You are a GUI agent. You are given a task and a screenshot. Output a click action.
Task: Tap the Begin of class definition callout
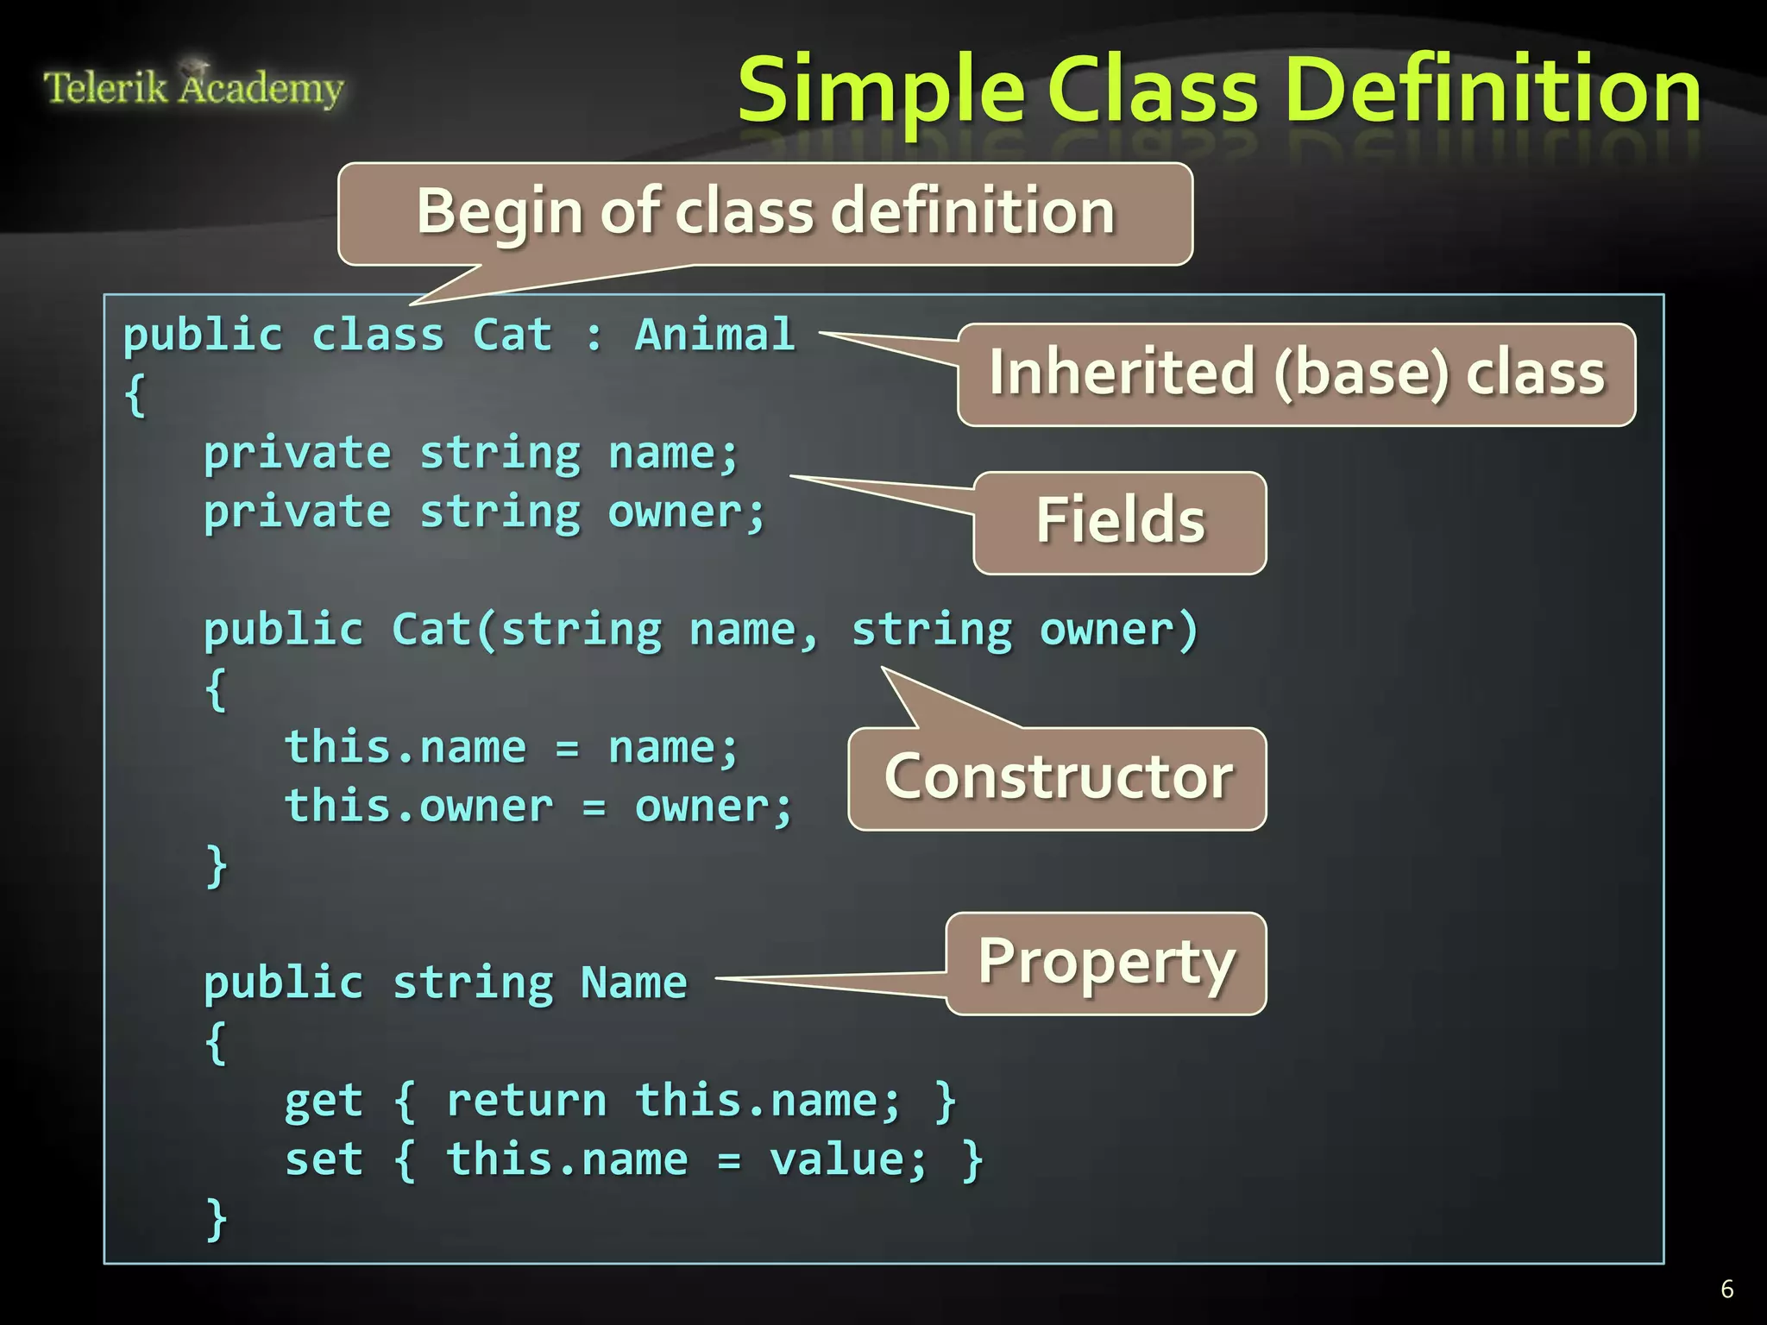click(765, 212)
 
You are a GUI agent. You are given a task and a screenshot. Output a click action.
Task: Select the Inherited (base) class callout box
click(1296, 374)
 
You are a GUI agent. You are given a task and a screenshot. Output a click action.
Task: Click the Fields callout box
click(1120, 522)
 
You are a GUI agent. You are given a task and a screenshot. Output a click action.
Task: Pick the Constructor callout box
click(1058, 778)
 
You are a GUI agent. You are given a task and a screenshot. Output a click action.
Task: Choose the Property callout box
click(1106, 964)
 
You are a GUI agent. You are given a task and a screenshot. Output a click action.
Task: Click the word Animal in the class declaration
click(714, 335)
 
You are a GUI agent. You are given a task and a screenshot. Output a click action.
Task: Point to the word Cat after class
click(512, 335)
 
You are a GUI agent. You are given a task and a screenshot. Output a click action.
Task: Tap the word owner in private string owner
click(676, 512)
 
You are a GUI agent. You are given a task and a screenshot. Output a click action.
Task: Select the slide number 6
click(1726, 1289)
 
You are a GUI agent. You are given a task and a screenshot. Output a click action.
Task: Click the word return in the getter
click(526, 1102)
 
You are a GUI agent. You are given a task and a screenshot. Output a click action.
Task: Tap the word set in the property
click(324, 1159)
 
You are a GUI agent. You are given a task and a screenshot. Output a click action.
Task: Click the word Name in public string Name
click(634, 983)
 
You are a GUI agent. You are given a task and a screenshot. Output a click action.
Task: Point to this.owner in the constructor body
click(419, 807)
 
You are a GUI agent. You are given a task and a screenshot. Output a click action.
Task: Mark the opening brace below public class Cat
click(135, 396)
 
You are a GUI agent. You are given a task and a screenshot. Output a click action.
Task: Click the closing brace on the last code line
click(217, 1218)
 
